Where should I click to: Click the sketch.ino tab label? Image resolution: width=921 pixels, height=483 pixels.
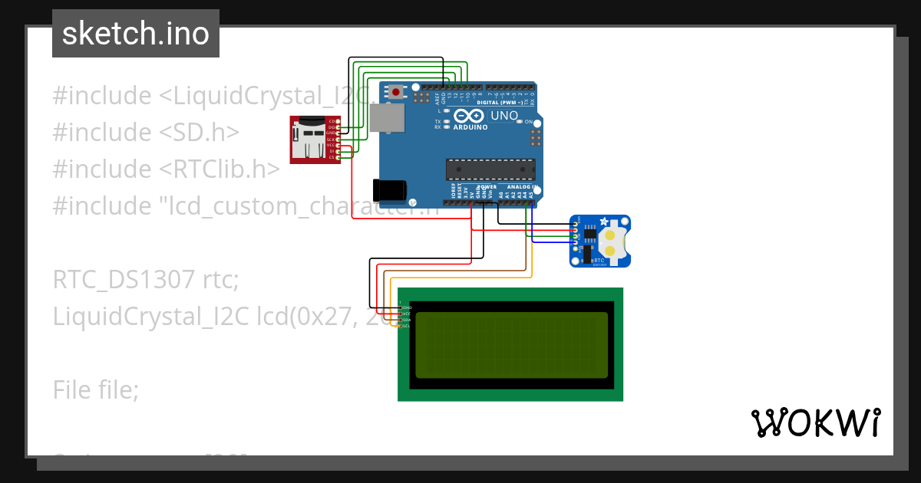pyautogui.click(x=136, y=34)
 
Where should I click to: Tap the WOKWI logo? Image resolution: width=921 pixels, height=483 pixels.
pyautogui.click(x=814, y=422)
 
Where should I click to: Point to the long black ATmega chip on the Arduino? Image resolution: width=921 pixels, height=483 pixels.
pyautogui.click(x=490, y=169)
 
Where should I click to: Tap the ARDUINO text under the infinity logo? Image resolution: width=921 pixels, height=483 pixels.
pyautogui.click(x=470, y=127)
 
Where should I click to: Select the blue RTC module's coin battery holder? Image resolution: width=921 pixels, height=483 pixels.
pyautogui.click(x=613, y=238)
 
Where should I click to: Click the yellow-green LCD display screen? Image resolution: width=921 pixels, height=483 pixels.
pyautogui.click(x=511, y=344)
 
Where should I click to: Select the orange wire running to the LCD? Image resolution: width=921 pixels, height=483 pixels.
pyautogui.click(x=460, y=276)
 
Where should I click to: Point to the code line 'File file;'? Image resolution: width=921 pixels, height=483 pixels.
pyautogui.click(x=96, y=390)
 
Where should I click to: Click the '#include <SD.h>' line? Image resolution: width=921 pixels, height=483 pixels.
pyautogui.click(x=146, y=133)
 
